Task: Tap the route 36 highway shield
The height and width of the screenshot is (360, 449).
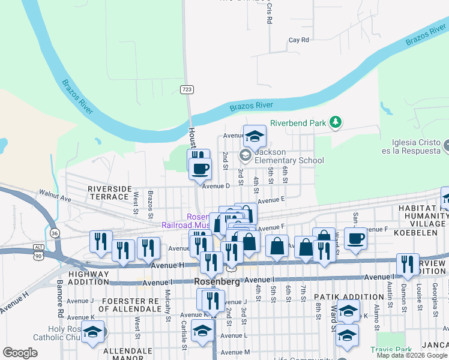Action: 54,233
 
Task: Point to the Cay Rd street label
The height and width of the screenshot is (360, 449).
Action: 298,40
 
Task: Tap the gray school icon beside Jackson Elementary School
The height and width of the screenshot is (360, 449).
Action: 245,155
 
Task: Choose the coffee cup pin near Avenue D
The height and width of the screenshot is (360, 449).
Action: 200,169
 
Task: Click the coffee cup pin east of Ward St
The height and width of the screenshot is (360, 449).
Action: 355,238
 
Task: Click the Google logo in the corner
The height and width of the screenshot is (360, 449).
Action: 20,353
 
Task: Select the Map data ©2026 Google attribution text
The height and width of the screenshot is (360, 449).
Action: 412,355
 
